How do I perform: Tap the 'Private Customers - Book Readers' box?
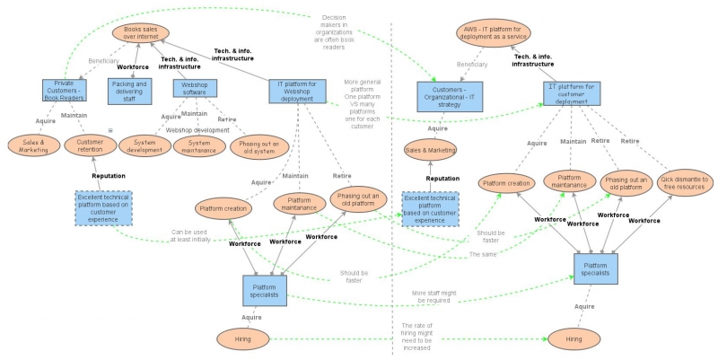point(64,90)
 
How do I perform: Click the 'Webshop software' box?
point(196,90)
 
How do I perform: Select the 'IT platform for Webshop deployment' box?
point(297,90)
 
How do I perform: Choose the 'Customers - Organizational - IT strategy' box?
point(450,97)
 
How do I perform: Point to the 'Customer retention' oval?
point(90,145)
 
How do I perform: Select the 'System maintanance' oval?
point(199,145)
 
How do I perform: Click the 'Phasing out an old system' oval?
point(260,145)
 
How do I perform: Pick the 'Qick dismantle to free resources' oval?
point(685,184)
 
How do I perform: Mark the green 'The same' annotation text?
point(483,254)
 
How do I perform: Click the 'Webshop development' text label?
point(197,130)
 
